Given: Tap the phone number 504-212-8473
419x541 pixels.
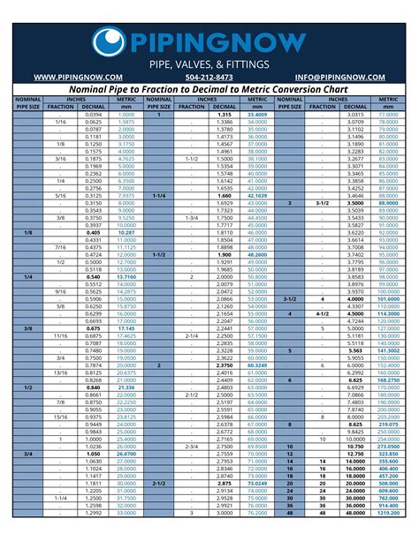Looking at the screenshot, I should tap(209, 77).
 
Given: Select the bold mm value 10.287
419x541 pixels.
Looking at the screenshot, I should tap(126, 232).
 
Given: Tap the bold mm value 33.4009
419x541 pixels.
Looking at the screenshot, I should tap(257, 115).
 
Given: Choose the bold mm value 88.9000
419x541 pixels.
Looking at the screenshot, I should tap(388, 202).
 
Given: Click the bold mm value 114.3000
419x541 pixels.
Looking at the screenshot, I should tap(388, 313).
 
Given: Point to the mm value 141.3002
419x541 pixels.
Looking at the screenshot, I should tap(388, 350).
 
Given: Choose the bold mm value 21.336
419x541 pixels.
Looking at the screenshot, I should tap(126, 387).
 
